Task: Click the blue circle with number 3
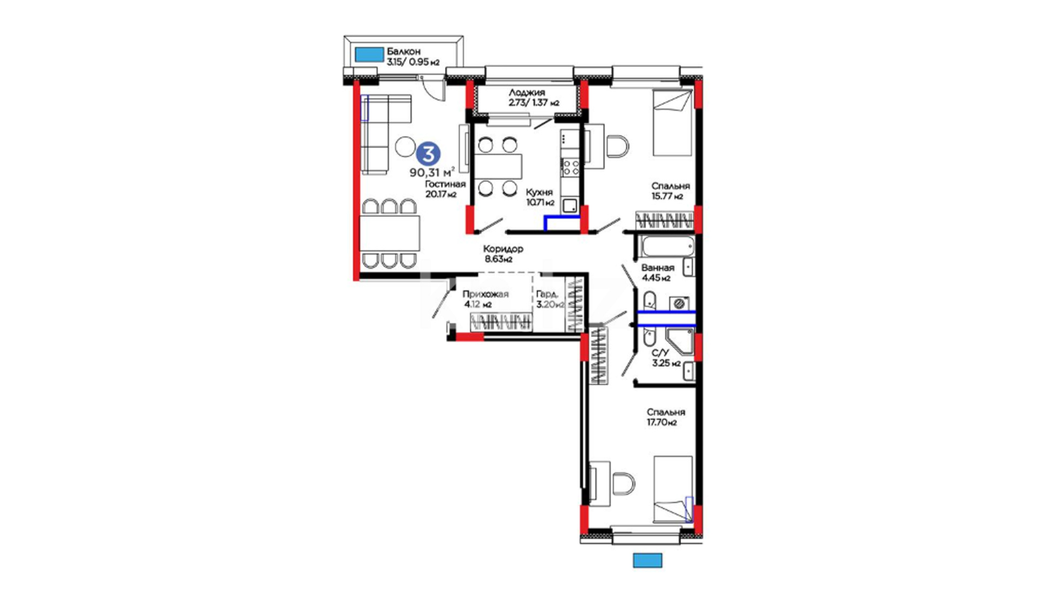tap(428, 154)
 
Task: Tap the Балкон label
tap(404, 51)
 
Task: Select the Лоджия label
tap(527, 93)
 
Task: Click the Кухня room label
tap(539, 192)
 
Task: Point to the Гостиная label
tap(445, 184)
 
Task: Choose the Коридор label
tap(503, 249)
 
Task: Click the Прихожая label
tap(486, 294)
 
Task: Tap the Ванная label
tap(658, 268)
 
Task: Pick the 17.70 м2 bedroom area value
tap(662, 422)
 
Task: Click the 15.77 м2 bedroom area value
tap(667, 196)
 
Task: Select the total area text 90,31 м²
tap(432, 173)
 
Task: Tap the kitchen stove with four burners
tap(571, 167)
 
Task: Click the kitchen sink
tap(570, 205)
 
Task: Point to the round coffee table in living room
tap(405, 146)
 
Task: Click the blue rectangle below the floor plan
tap(647, 560)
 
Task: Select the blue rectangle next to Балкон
tap(369, 54)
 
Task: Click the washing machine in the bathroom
tap(679, 304)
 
